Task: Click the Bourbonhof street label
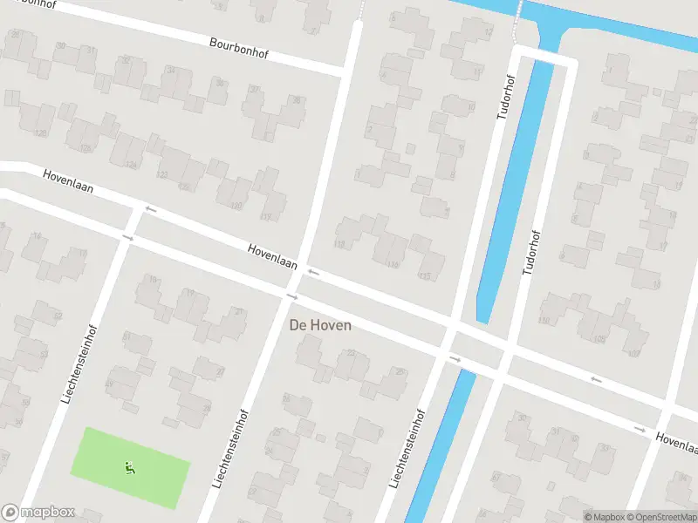pyautogui.click(x=238, y=47)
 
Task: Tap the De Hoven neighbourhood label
pyautogui.click(x=320, y=325)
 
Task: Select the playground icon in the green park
pyautogui.click(x=130, y=468)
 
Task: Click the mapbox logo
pyautogui.click(x=38, y=513)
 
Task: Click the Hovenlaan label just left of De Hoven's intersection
pyautogui.click(x=272, y=255)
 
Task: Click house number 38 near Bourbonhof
pyautogui.click(x=296, y=100)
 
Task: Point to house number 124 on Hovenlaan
pyautogui.click(x=132, y=164)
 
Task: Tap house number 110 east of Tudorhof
pyautogui.click(x=544, y=321)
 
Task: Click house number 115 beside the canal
pyautogui.click(x=425, y=276)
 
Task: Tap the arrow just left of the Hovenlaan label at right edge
pyautogui.click(x=640, y=429)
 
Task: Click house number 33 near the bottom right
pyautogui.click(x=605, y=448)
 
